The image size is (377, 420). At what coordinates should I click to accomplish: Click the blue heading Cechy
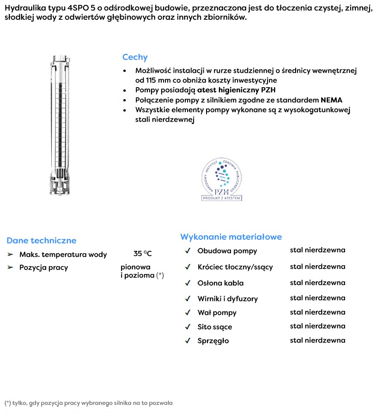135,57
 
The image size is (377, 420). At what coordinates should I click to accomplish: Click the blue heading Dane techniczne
42,240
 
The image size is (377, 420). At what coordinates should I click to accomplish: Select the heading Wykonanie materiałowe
231,237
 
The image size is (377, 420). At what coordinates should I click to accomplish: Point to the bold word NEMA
331,100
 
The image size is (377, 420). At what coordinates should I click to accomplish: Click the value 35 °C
142,254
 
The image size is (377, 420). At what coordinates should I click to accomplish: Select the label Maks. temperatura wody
63,254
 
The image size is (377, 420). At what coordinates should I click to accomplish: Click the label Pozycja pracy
43,267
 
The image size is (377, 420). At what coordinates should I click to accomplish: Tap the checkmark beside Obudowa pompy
188,251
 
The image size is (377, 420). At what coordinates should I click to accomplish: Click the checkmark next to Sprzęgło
188,341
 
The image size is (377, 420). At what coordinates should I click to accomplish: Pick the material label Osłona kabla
220,283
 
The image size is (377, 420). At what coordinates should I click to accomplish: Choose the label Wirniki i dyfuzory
228,299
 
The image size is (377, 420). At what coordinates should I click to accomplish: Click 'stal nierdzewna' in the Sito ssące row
317,326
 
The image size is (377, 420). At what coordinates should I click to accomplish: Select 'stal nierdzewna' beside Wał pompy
317,312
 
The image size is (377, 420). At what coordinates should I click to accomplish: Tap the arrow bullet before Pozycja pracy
10,267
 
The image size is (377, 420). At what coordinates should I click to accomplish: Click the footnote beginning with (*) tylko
88,403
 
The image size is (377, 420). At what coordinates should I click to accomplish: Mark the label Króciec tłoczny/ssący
235,267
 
